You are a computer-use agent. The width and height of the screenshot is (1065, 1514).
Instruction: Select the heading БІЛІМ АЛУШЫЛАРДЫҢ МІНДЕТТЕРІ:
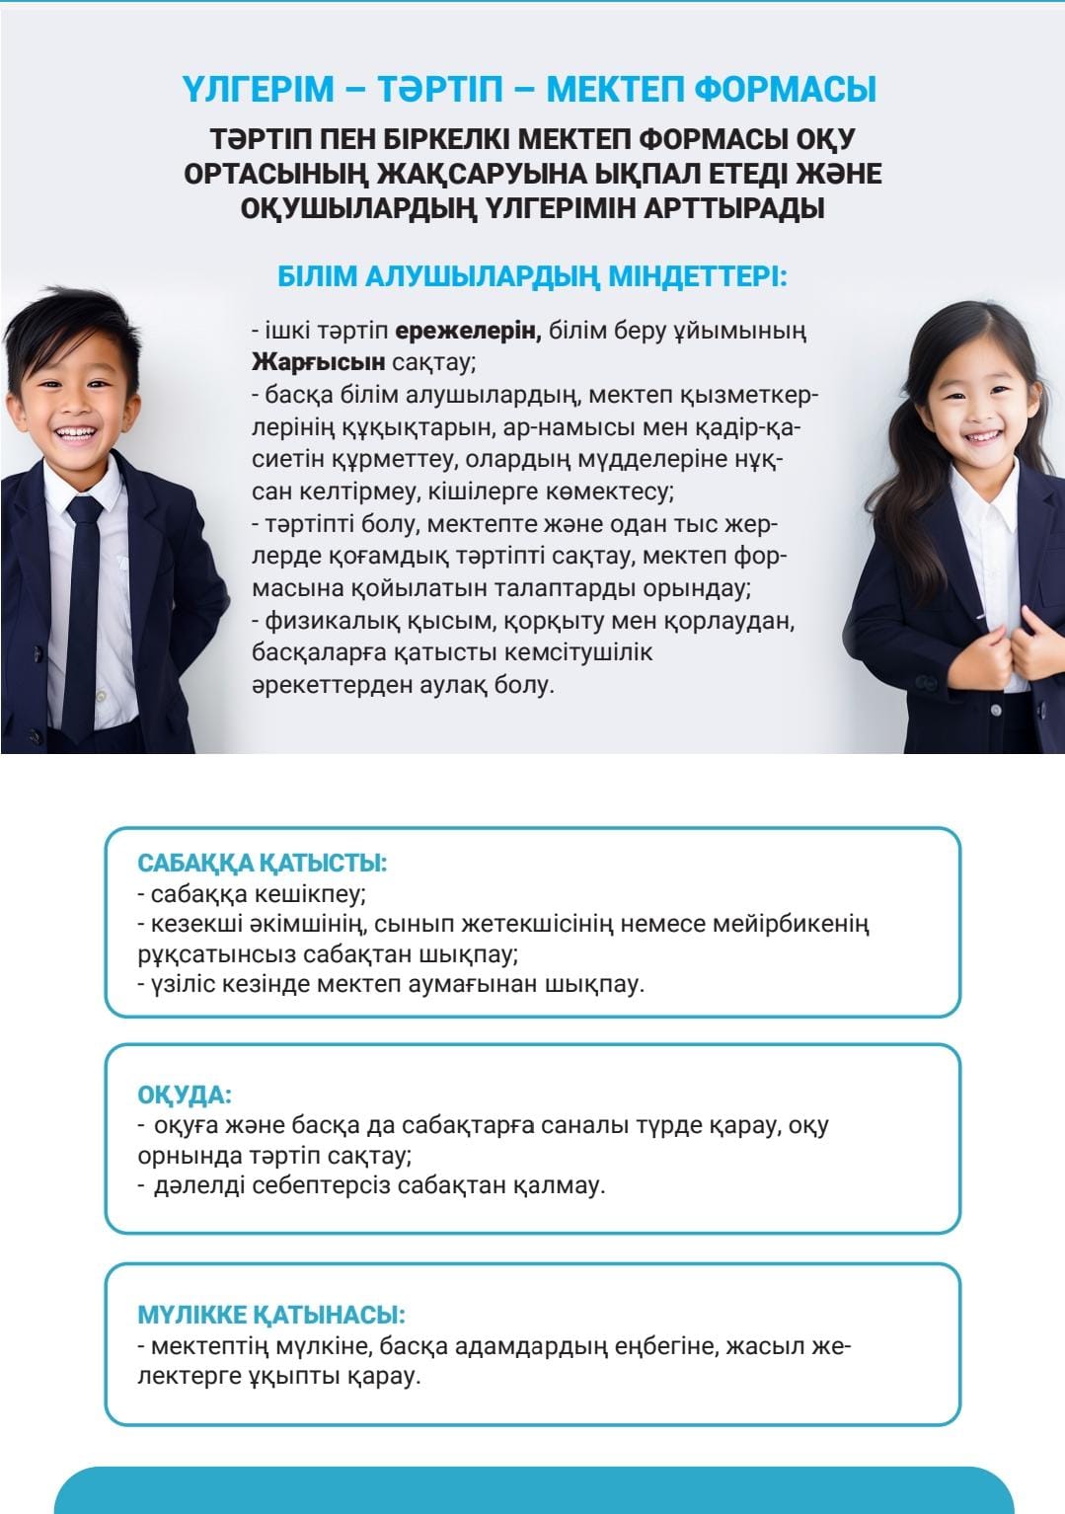[532, 276]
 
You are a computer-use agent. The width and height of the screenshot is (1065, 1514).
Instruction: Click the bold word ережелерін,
[468, 331]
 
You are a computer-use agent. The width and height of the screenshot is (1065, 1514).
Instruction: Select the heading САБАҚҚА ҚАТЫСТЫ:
[262, 863]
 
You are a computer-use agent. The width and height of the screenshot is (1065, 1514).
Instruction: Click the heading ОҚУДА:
[185, 1096]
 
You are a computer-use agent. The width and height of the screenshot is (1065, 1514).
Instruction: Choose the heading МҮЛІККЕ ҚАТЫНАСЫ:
[271, 1315]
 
